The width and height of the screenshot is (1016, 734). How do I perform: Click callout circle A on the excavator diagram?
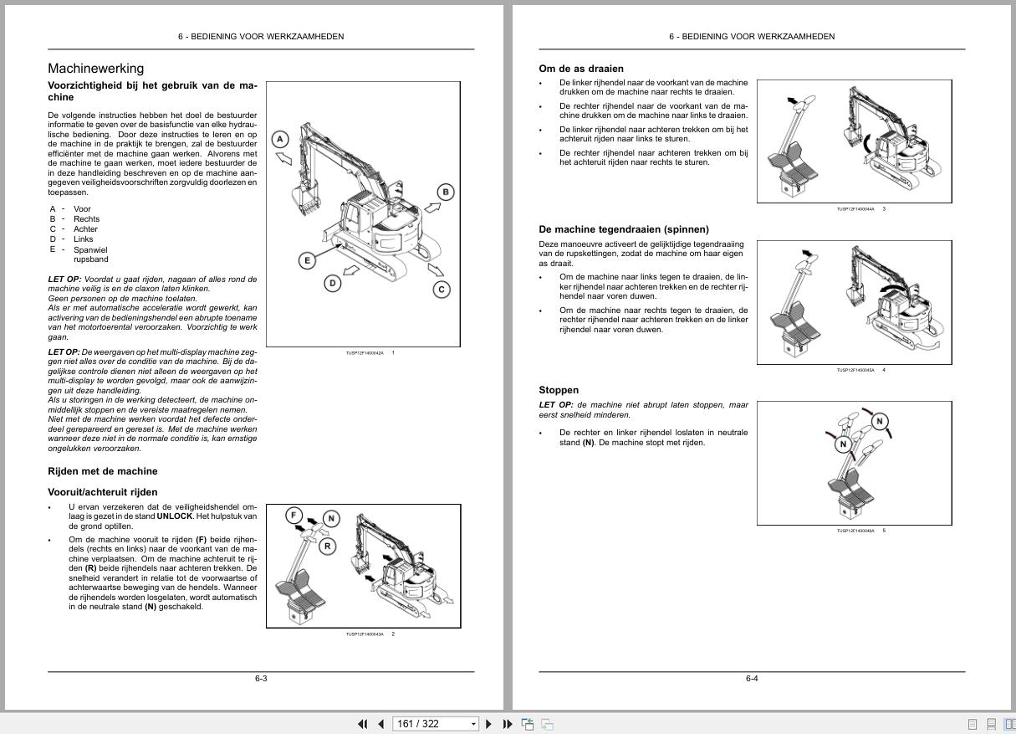[x=281, y=140]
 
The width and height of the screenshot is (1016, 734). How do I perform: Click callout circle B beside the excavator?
[x=446, y=192]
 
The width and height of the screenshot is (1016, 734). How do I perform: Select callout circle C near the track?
[x=442, y=290]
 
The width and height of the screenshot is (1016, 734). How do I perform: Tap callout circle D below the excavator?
[x=333, y=283]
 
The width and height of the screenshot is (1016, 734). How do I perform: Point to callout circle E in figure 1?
[x=307, y=260]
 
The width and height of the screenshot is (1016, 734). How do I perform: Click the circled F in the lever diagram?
[x=294, y=515]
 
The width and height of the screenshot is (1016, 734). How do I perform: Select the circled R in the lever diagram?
[x=327, y=547]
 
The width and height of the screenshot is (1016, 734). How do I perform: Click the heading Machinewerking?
[x=95, y=69]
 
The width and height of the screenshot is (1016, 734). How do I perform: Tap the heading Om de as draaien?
[x=581, y=69]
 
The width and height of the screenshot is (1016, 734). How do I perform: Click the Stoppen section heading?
[x=559, y=390]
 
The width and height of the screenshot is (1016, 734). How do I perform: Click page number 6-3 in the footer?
[x=261, y=679]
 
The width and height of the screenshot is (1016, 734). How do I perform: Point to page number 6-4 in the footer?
[x=752, y=679]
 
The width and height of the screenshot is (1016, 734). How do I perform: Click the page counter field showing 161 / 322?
[x=431, y=724]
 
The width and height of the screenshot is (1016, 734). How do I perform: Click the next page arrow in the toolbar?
[x=489, y=724]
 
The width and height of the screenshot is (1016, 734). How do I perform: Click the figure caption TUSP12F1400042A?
[x=365, y=353]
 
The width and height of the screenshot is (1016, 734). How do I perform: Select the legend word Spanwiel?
[x=90, y=249]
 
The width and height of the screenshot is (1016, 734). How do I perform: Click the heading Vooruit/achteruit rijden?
[x=103, y=492]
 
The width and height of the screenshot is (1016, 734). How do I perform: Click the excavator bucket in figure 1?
[x=304, y=201]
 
